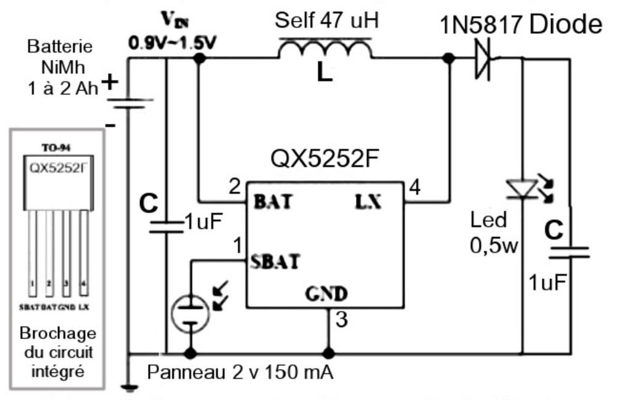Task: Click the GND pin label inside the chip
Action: click(x=326, y=293)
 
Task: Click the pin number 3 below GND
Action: click(x=341, y=320)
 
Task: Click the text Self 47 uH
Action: click(x=326, y=22)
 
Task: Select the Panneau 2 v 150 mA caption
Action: click(x=241, y=373)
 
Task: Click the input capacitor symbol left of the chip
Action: click(x=167, y=223)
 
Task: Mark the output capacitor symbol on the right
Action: click(x=568, y=252)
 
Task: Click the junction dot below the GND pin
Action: click(x=329, y=354)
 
